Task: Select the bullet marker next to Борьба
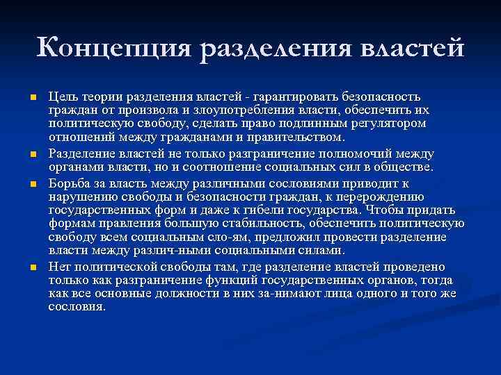33,184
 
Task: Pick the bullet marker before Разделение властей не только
33,153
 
